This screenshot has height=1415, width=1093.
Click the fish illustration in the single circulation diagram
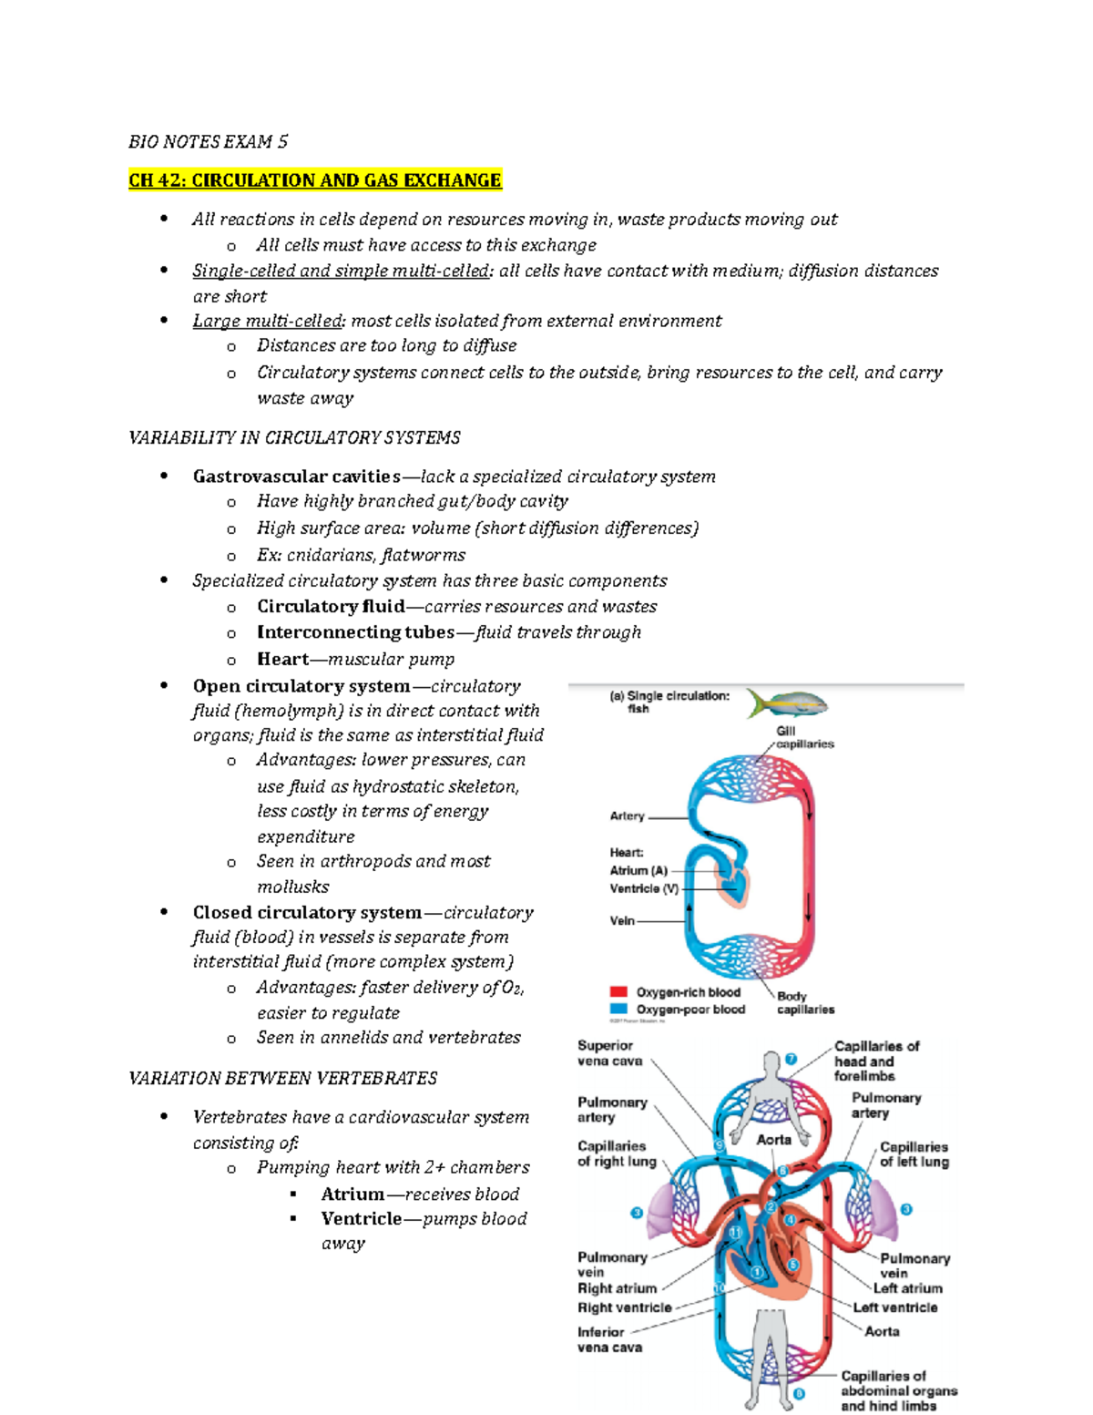pos(788,703)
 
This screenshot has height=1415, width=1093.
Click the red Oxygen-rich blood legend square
pos(618,991)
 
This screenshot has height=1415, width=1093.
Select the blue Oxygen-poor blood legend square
pos(618,1009)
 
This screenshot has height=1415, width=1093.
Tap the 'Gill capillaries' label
pos(804,737)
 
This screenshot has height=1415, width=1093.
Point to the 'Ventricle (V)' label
pos(644,888)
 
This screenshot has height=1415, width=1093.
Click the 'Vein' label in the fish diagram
pos(622,920)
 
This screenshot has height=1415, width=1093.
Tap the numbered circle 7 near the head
pos(792,1059)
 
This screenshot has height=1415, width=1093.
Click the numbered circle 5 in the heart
pos(793,1265)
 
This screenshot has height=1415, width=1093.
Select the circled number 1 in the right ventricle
pos(757,1272)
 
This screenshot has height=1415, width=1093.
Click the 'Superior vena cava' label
pos(608,1053)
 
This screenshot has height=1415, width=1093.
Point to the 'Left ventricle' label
pos(894,1307)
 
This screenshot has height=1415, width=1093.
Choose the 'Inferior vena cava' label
pos(609,1339)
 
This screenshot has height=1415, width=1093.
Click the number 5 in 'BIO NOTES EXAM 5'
pos(282,141)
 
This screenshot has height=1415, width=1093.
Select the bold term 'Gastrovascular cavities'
pos(296,477)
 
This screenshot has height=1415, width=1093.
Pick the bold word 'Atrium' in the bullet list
pos(352,1194)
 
